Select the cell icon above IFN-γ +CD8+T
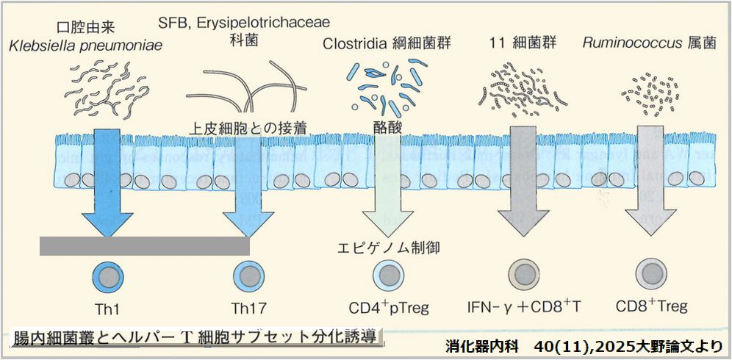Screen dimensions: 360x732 coord(525,276)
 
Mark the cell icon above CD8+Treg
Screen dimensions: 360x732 coord(650,274)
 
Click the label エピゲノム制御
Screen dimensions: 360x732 coord(387,247)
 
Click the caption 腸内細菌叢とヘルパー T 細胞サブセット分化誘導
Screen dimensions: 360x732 coord(196,337)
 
